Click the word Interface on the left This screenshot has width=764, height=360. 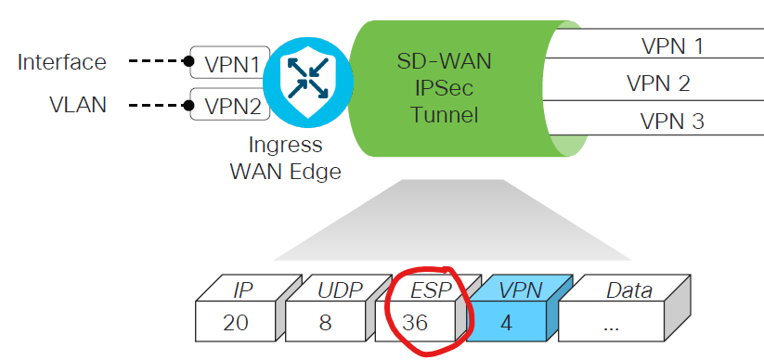[x=61, y=62]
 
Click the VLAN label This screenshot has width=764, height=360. [x=78, y=104]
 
